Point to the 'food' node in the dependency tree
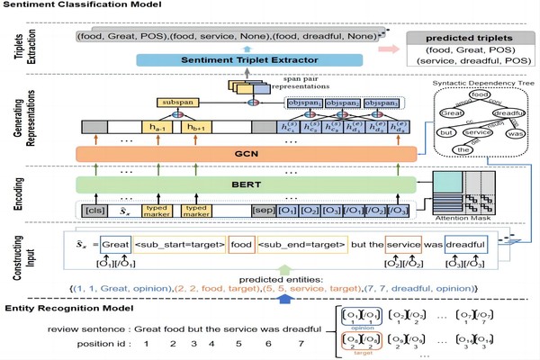481,94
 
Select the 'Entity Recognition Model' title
68,308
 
